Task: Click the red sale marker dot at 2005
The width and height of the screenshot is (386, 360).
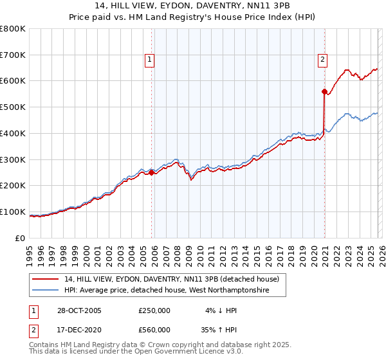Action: click(152, 172)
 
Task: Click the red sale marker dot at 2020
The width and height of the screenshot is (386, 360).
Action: click(324, 91)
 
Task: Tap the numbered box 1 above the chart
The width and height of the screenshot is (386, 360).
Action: click(149, 60)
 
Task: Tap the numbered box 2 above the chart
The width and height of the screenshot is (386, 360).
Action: click(322, 60)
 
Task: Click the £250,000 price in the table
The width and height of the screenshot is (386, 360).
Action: click(154, 310)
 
